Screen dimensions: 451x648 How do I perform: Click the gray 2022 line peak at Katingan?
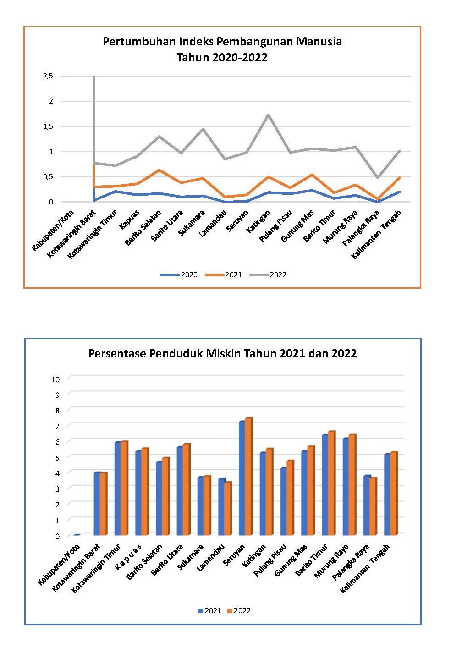click(269, 115)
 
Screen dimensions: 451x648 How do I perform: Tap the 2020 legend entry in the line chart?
click(179, 275)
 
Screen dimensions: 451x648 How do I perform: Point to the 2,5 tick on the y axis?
click(48, 76)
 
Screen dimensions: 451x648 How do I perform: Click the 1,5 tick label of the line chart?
click(48, 126)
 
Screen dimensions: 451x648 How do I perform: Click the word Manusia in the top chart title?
click(319, 41)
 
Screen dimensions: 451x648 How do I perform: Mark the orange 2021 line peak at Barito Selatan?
click(159, 170)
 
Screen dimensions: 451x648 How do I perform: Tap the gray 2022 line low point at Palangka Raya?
click(378, 177)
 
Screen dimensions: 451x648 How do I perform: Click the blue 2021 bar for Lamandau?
click(221, 507)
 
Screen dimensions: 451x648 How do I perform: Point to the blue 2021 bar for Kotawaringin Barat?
click(97, 504)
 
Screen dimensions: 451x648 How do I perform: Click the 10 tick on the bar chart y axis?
click(55, 379)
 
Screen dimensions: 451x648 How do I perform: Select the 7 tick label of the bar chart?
click(57, 426)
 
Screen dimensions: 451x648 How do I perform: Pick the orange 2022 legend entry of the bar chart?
click(239, 611)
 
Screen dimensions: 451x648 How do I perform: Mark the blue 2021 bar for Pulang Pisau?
click(284, 502)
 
